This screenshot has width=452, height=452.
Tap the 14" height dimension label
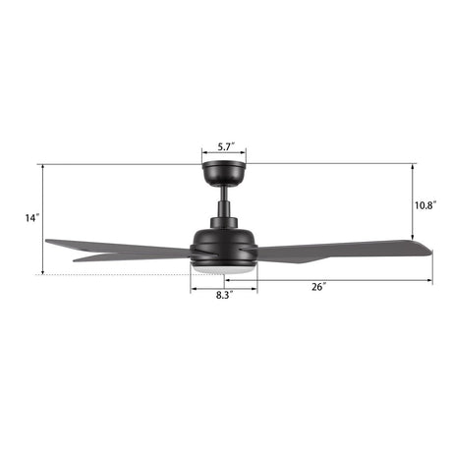coord(32,217)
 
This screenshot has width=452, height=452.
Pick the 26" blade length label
coord(318,287)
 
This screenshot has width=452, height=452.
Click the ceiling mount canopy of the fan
coord(223,174)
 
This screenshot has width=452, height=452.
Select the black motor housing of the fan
coord(223,238)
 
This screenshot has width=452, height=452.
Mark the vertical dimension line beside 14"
coord(44,218)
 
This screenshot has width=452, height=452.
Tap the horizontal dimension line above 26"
coord(344,280)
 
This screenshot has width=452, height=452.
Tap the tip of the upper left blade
coord(49,241)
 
